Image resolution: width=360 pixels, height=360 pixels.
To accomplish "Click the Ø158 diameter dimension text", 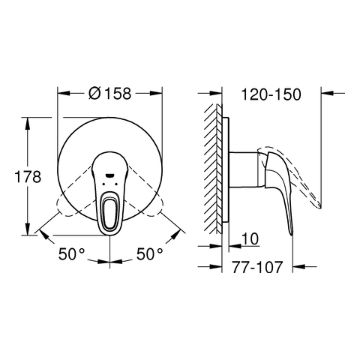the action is click(x=109, y=94).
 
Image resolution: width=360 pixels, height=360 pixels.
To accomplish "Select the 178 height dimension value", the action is click(x=28, y=177).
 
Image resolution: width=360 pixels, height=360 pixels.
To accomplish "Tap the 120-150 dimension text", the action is click(x=271, y=94).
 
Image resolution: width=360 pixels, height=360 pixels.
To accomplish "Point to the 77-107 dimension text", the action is click(x=257, y=267).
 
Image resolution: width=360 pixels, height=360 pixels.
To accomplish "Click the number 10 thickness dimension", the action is click(x=250, y=238).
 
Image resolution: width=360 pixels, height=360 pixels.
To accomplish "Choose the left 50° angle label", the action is click(x=71, y=254).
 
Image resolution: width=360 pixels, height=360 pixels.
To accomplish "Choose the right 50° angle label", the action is click(x=149, y=254).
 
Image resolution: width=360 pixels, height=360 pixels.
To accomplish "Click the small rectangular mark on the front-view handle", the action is click(x=109, y=175).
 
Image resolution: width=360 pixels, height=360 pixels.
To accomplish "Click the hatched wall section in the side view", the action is click(x=214, y=169).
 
